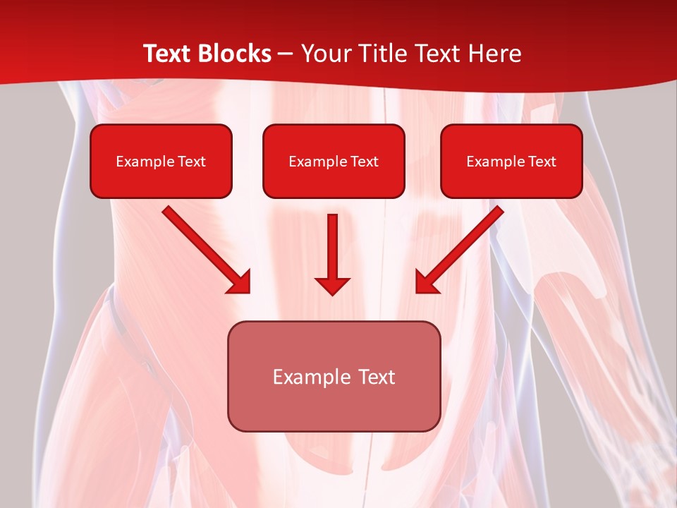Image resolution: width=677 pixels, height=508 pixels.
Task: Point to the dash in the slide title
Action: (x=286, y=54)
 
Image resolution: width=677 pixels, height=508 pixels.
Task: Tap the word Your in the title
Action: (x=325, y=54)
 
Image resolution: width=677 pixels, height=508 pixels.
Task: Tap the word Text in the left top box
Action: (x=192, y=162)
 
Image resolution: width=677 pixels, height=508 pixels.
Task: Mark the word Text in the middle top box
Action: (x=365, y=162)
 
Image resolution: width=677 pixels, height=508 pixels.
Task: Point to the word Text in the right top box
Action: (x=542, y=162)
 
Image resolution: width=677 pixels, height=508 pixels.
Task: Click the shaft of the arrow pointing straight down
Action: (x=333, y=243)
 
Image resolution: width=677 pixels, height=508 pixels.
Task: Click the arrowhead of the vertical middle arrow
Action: (x=333, y=286)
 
